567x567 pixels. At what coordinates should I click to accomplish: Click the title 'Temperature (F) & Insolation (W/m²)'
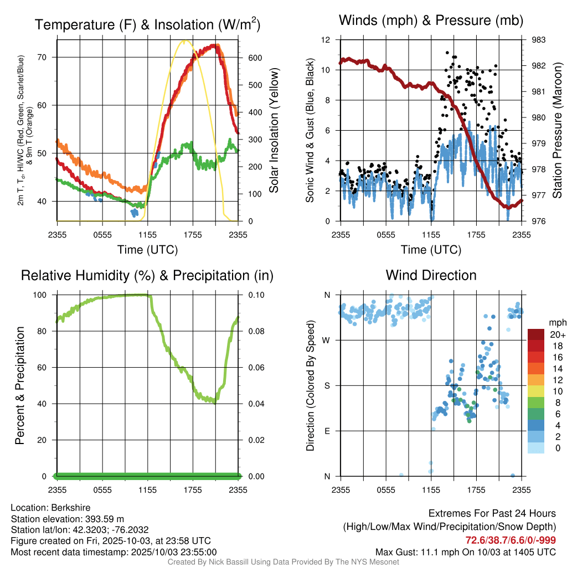point(147,24)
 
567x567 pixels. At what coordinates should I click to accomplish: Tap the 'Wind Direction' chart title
point(431,275)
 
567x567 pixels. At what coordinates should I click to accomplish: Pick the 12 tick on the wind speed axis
point(326,40)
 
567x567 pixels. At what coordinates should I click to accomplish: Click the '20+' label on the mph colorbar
point(556,335)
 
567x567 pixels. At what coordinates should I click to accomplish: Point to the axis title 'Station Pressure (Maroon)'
point(558,131)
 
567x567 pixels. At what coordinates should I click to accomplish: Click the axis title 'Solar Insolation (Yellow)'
point(274,131)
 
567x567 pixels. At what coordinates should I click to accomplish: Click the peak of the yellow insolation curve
point(185,40)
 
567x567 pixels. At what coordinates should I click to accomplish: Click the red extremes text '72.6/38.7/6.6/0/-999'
point(511,540)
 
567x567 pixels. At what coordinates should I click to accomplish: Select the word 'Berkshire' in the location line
point(71,507)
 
